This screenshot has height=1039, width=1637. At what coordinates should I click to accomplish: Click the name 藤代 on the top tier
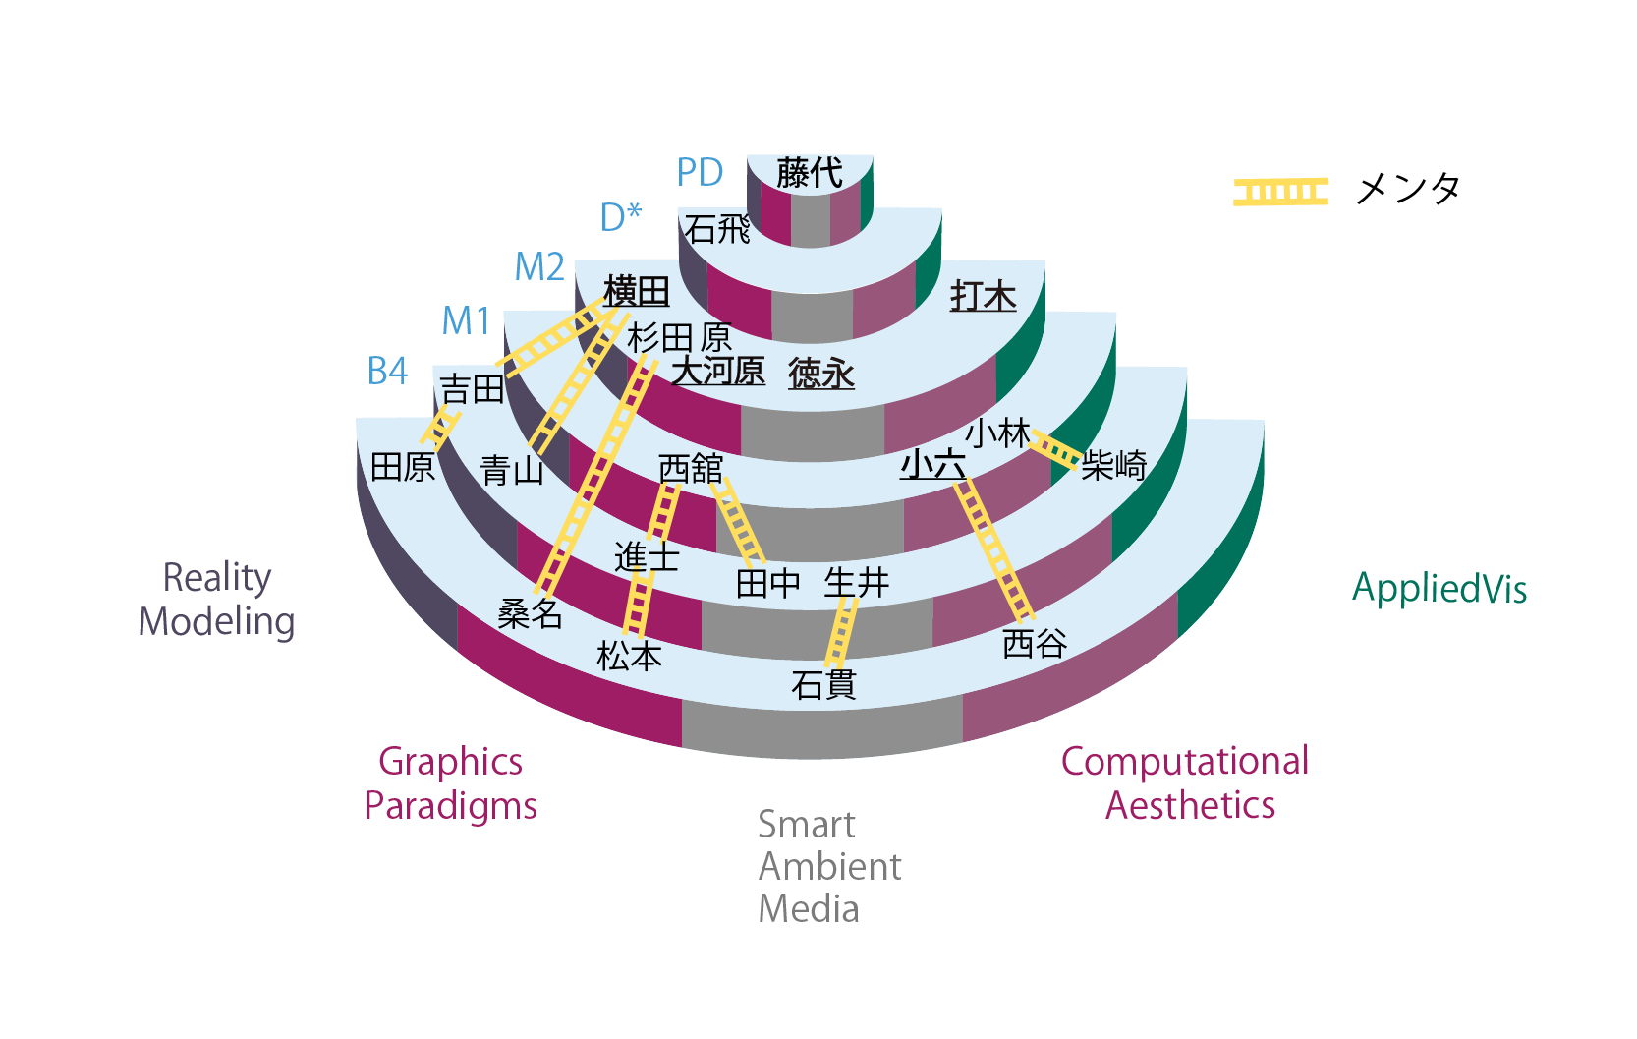pos(810,173)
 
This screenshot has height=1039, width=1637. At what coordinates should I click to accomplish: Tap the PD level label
pos(700,173)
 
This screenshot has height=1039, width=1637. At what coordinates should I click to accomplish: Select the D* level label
pos(620,217)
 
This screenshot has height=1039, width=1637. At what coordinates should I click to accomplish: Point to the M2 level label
pos(539,267)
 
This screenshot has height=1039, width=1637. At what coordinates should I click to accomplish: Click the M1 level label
pos(466,320)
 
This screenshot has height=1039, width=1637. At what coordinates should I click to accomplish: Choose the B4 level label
pos(387,372)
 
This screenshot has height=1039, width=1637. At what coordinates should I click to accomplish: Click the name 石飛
pos(718,229)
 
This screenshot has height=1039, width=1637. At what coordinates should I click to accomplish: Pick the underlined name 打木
pos(983,296)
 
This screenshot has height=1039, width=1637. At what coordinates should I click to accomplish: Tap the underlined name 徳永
pos(821,374)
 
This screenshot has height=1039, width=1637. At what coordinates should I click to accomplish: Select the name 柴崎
pos(1114,464)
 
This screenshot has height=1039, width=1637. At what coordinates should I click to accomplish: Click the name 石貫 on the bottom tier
pos(823,684)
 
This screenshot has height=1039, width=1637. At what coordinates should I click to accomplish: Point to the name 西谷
pos(1035,644)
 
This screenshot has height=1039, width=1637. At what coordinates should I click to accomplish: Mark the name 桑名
pos(530,613)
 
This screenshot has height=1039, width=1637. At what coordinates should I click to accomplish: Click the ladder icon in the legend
pos(1280,192)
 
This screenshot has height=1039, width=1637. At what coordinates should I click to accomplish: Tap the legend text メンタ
pos(1407,189)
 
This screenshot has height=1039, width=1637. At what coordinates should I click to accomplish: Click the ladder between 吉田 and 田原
pos(440,428)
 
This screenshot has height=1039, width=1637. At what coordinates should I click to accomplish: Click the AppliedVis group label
pos(1439,589)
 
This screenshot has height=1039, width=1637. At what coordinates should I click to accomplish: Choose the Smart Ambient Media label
pos(828,866)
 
